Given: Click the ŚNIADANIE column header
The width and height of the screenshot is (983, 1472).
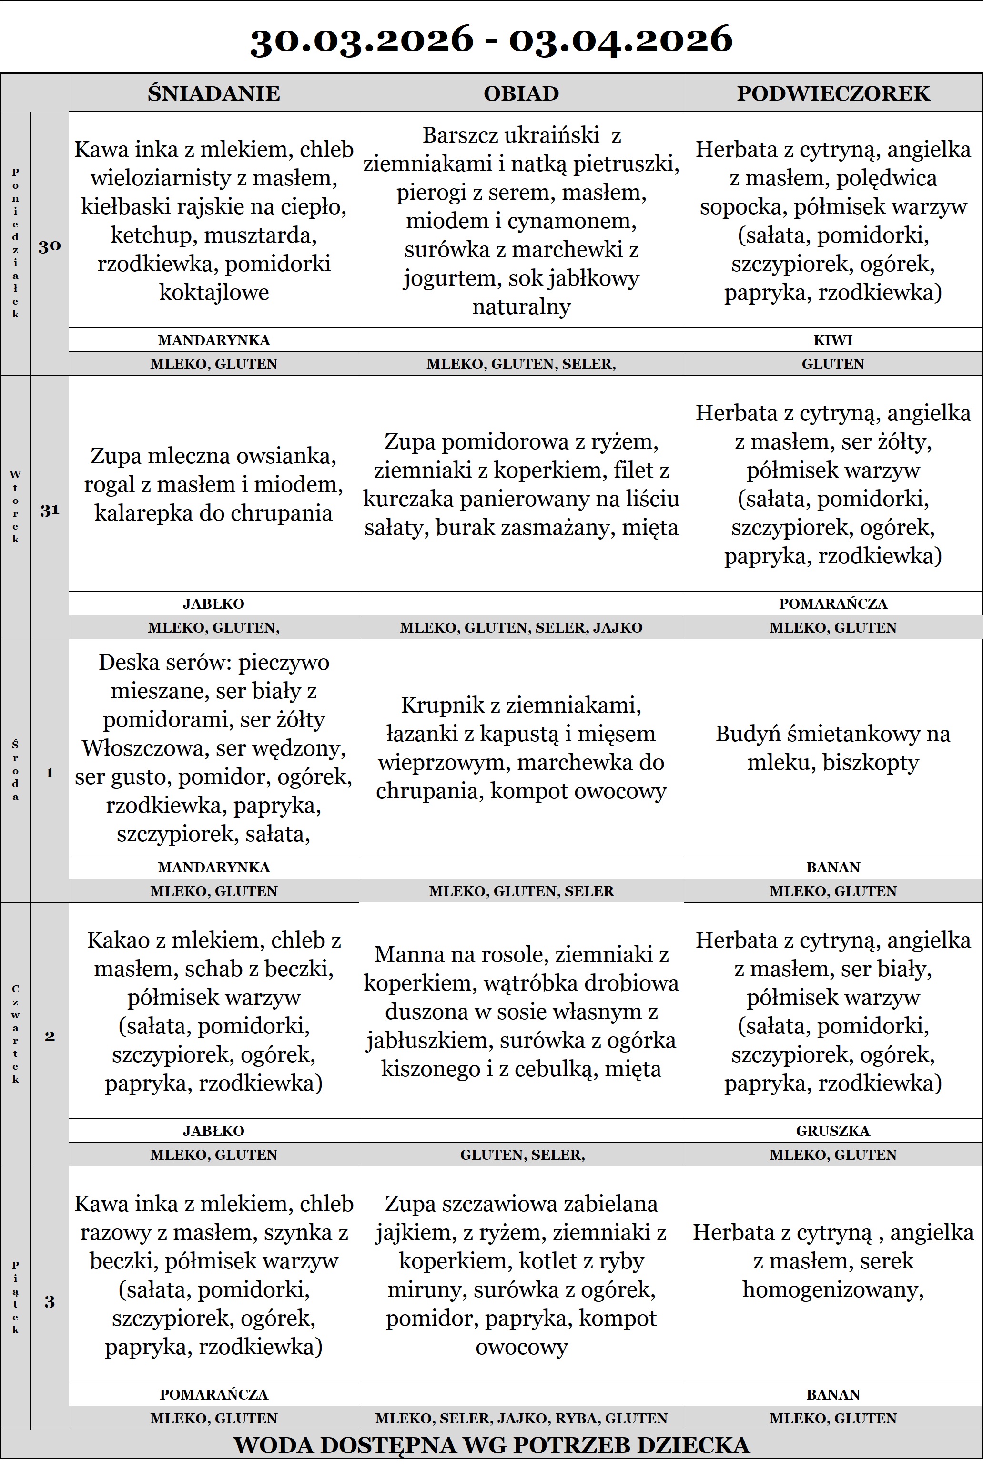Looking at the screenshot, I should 214,93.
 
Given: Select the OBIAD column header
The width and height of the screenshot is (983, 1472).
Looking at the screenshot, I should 521,93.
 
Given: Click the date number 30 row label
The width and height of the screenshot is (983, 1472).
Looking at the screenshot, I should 50,246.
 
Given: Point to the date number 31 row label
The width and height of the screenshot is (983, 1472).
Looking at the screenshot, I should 50,511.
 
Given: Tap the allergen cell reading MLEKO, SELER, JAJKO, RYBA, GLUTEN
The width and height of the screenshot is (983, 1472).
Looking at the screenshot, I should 521,1418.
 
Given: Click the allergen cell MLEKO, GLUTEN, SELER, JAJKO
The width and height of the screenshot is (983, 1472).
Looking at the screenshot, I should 521,627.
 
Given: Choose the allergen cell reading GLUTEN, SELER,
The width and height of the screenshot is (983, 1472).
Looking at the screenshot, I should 521,1155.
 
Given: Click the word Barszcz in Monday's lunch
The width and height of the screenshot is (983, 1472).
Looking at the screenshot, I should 460,135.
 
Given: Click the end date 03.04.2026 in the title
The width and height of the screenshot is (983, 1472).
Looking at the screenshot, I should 621,39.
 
